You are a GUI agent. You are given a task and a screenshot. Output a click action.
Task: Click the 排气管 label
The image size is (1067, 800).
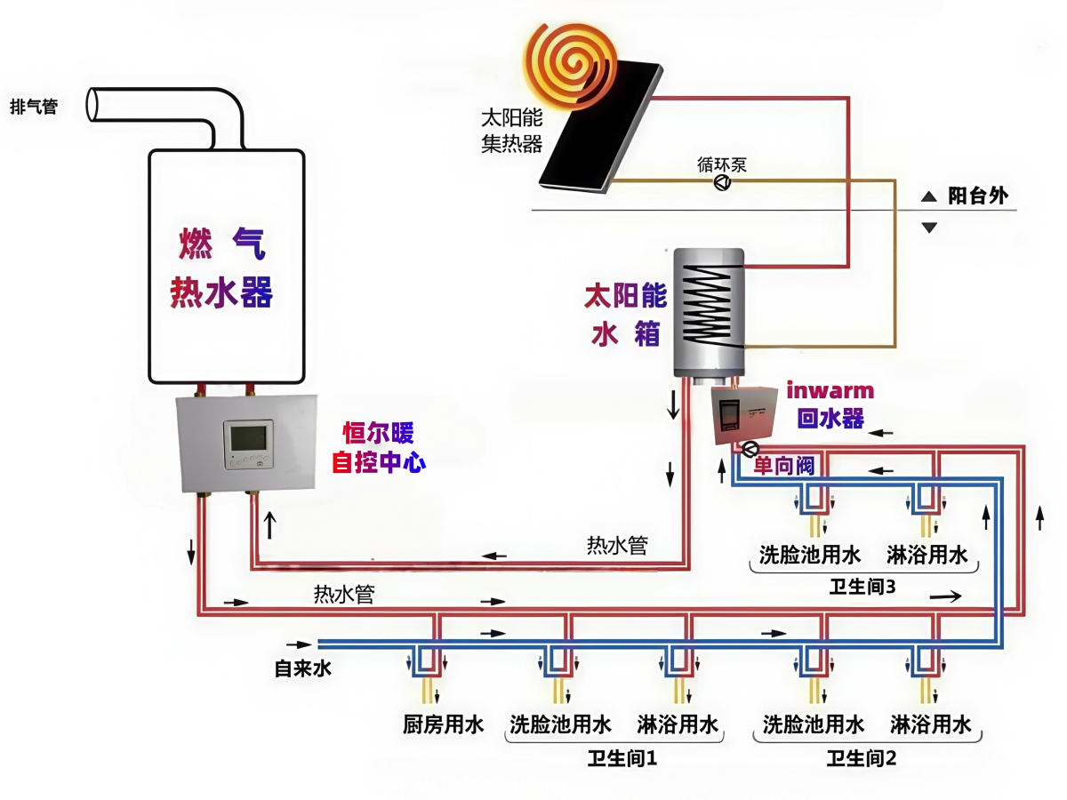[x=34, y=108]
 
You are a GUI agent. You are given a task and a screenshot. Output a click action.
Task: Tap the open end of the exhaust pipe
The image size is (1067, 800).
[x=92, y=103]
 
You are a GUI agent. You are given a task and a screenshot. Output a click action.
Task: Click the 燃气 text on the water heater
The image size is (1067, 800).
[x=221, y=244]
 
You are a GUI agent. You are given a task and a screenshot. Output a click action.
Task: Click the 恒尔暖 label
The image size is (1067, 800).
[x=379, y=434]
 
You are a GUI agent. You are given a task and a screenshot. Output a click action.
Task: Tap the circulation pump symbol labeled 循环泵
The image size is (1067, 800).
[x=723, y=182]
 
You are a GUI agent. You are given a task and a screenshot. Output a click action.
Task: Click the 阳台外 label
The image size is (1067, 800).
[x=977, y=196]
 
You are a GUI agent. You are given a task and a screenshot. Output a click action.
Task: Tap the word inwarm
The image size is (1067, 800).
[x=830, y=390]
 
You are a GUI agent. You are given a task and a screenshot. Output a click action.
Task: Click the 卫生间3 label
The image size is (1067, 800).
[x=862, y=586]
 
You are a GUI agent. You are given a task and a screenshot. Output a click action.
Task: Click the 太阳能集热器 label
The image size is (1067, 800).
[x=511, y=131]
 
